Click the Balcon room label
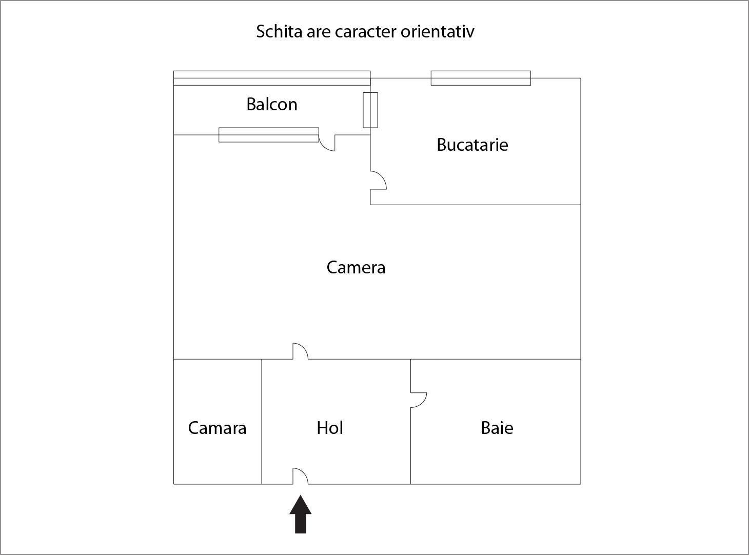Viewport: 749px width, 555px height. coord(272,104)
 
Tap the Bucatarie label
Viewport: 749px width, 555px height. coord(472,145)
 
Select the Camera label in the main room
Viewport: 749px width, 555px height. coord(356,268)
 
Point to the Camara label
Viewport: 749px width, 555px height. coord(217,428)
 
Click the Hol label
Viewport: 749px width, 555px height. coord(330,428)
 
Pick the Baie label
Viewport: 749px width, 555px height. coord(497,428)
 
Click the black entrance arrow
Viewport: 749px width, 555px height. coord(300,514)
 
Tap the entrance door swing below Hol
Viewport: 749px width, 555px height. coord(300,477)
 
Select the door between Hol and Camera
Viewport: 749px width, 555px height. coord(300,351)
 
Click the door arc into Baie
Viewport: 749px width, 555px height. coord(419,400)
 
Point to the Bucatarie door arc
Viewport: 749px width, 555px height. coord(379,180)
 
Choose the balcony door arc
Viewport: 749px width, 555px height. coord(327,143)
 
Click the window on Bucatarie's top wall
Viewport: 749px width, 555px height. coord(481,78)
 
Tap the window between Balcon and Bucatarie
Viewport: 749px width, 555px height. coord(370,110)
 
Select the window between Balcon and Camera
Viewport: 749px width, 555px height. coord(269,135)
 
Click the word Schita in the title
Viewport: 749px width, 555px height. coord(279,31)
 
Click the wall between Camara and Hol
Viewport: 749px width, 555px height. coord(262,422)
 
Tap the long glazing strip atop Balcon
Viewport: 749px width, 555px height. coord(272,78)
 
